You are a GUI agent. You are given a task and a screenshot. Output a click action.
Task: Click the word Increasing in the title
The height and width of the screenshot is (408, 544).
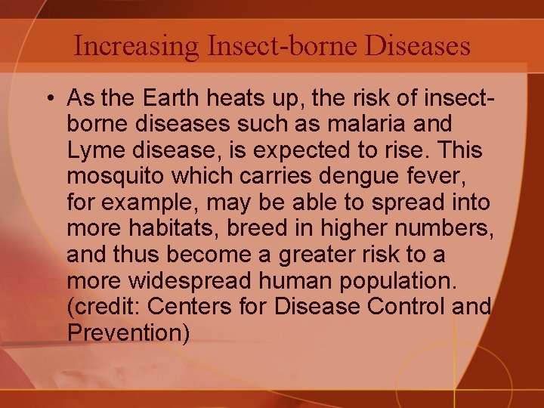[x=137, y=46]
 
